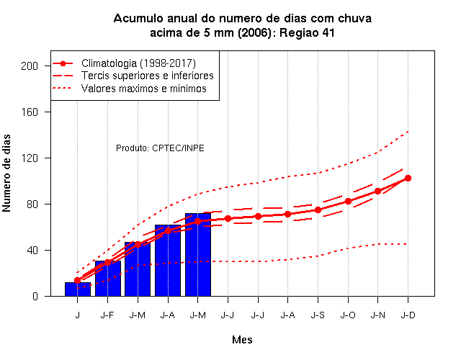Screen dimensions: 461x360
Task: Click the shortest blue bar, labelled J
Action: pos(78,289)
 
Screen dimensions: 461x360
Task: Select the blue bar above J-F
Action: pos(108,279)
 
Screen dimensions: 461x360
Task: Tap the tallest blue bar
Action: pos(198,254)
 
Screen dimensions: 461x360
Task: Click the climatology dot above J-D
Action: pos(408,178)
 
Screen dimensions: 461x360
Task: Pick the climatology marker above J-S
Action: pos(318,210)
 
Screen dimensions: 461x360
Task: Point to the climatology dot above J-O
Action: pos(348,202)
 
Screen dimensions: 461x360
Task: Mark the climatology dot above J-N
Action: pos(377,192)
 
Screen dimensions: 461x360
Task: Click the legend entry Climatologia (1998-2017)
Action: pos(138,63)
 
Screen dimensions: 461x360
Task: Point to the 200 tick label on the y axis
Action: pos(30,66)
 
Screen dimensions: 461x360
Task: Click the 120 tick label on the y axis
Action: pos(30,158)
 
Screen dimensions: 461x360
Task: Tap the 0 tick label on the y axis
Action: pos(35,296)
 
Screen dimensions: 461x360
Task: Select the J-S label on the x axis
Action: pos(318,315)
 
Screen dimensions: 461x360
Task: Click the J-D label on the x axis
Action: pos(408,315)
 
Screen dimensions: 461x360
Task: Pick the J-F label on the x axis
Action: pos(107,315)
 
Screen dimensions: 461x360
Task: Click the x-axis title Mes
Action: pos(242,340)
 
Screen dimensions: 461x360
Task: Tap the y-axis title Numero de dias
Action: pos(6,174)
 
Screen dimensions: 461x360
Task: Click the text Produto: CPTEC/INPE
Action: pos(160,148)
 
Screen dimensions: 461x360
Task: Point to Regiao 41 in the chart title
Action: pos(307,33)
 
